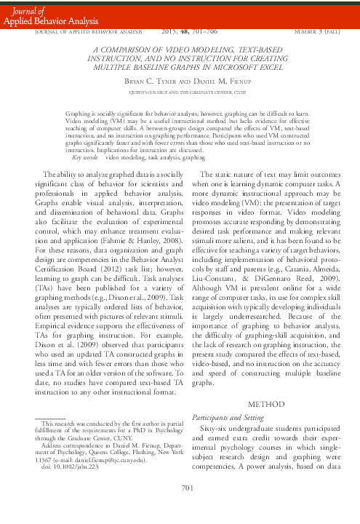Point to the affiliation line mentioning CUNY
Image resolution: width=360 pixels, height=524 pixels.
pos(180,92)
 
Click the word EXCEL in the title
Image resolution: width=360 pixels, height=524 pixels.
pos(261,66)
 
